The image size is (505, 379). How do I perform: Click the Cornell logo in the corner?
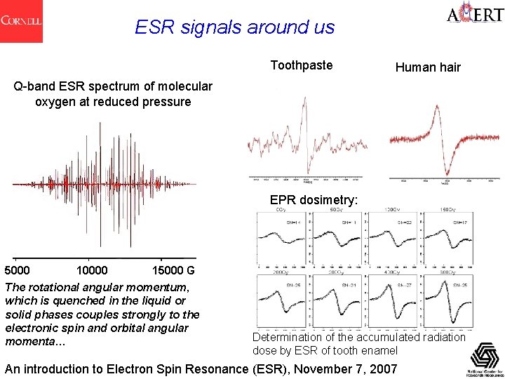pyautogui.click(x=21, y=21)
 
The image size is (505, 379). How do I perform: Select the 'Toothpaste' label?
pyautogui.click(x=302, y=65)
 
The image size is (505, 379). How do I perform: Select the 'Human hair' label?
pyautogui.click(x=428, y=67)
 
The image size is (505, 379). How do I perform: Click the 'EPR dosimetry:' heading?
pyautogui.click(x=314, y=200)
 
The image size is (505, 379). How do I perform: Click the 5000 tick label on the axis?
pyautogui.click(x=18, y=271)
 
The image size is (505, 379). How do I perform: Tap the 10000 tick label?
pyautogui.click(x=92, y=271)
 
